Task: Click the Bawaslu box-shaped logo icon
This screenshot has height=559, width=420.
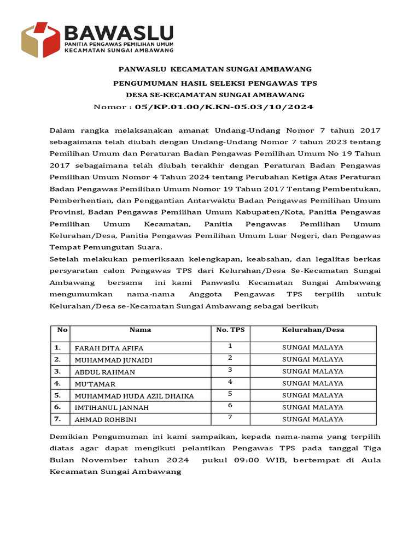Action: point(40,39)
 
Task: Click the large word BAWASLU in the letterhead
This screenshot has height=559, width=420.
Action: point(119,32)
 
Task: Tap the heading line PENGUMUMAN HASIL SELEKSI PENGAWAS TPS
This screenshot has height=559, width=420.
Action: point(215,84)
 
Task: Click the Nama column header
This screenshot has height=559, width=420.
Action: point(140,330)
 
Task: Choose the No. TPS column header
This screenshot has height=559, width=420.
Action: point(230,330)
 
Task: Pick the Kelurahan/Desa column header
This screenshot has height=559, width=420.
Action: point(313,330)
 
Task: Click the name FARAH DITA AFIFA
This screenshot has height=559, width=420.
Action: point(109,348)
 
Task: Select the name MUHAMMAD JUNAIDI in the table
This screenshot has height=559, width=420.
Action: point(113,360)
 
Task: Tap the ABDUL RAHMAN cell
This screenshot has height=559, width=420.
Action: point(104,372)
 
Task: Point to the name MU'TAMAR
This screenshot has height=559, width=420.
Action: point(95,384)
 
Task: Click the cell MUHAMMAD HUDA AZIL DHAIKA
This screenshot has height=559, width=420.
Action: point(134,396)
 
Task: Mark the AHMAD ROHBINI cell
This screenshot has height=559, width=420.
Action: point(106,420)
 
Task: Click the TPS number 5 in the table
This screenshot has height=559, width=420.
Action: point(230,394)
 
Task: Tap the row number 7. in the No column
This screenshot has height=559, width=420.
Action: point(57,419)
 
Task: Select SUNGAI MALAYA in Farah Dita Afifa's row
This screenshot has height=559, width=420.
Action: point(313,348)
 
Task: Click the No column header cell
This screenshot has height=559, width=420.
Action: point(62,330)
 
